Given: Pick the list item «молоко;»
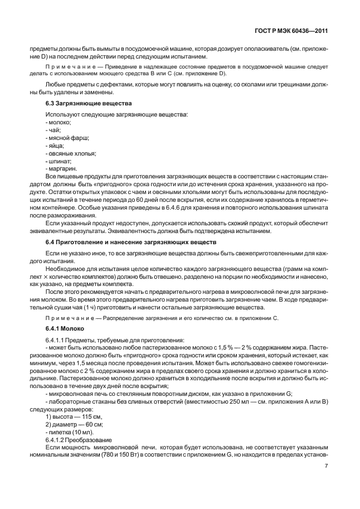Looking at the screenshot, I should click(x=59, y=122).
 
